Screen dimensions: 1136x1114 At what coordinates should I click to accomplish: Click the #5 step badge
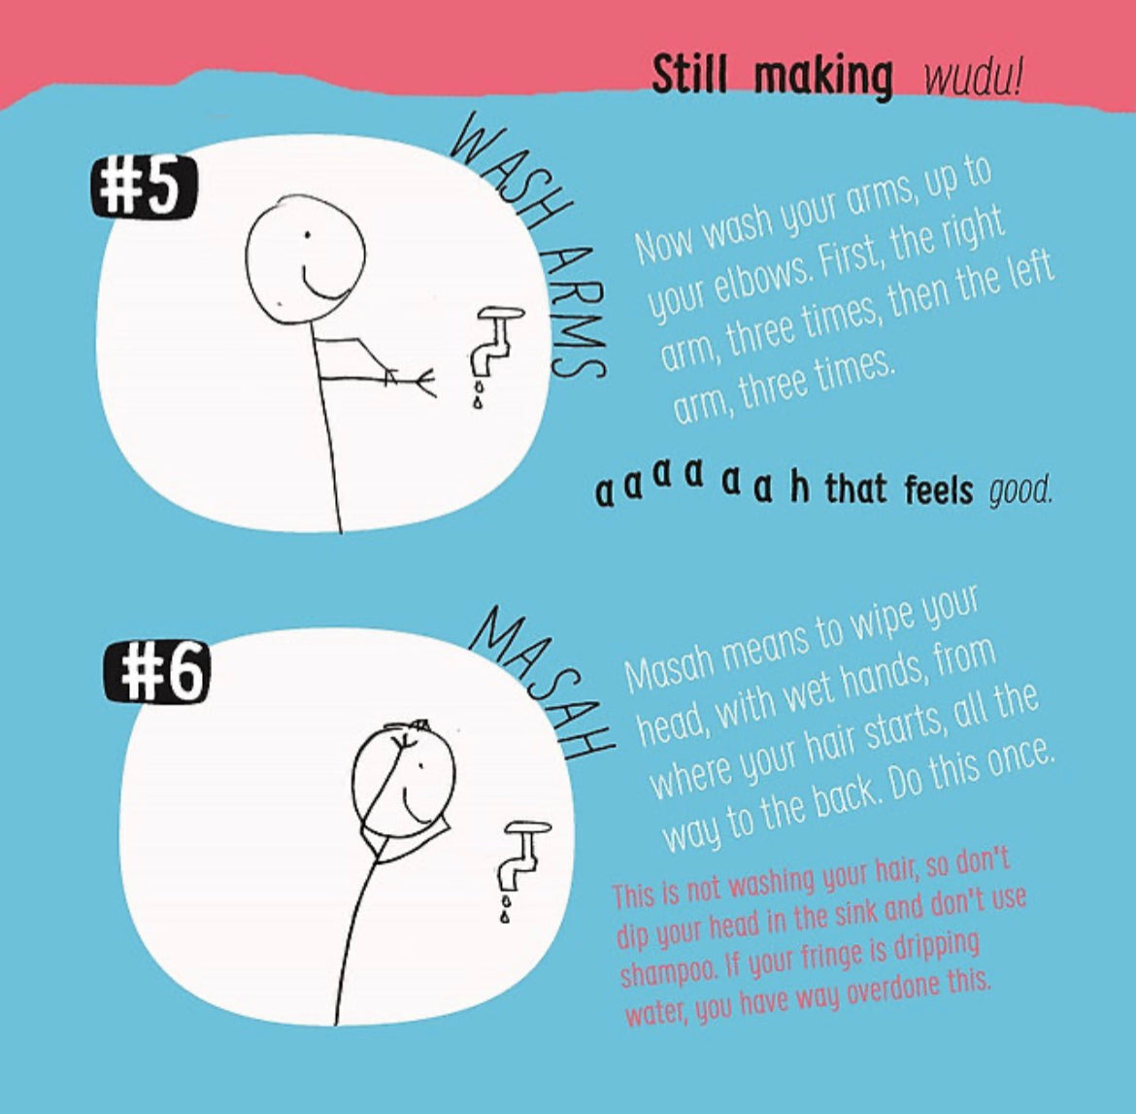[x=144, y=187]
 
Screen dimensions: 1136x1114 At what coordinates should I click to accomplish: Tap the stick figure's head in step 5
[x=305, y=258]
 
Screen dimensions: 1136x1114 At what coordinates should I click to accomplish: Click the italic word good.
[x=1020, y=491]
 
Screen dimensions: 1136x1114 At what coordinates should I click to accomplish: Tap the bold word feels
[x=938, y=489]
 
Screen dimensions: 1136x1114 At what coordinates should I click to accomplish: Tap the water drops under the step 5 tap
[x=478, y=392]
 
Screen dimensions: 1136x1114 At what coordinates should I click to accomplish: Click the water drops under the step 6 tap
[x=505, y=908]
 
